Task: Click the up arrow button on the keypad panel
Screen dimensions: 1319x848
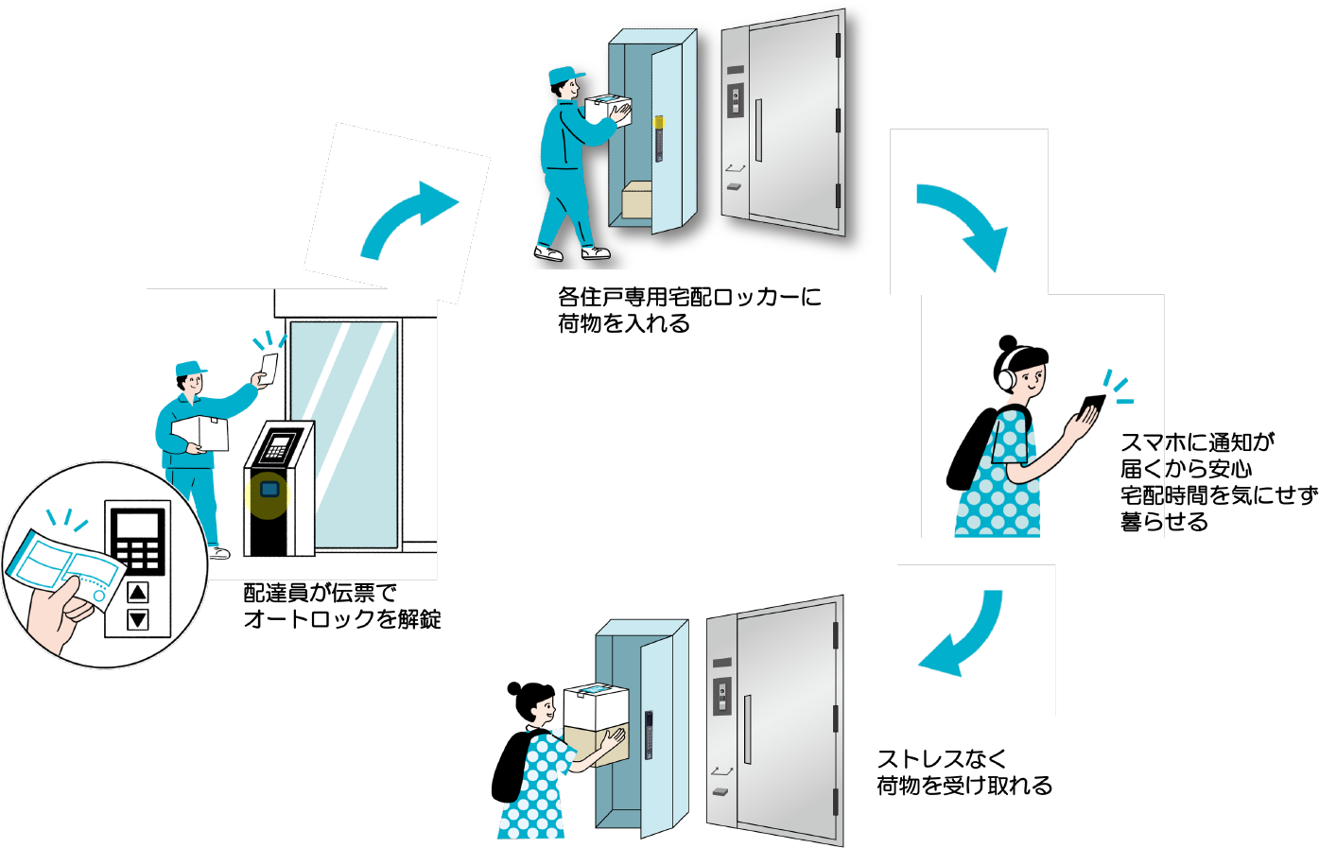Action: click(x=138, y=592)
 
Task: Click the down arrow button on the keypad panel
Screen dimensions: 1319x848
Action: click(x=138, y=619)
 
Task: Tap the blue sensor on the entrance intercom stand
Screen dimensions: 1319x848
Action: click(x=269, y=490)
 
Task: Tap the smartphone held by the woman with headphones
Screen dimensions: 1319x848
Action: click(x=1091, y=407)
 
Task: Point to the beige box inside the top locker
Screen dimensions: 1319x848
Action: click(x=636, y=200)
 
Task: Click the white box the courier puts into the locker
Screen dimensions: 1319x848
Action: click(x=607, y=109)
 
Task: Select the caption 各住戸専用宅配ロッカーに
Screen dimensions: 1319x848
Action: click(x=689, y=297)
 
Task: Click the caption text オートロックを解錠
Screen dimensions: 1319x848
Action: click(x=342, y=619)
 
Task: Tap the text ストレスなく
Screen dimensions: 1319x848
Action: click(x=942, y=759)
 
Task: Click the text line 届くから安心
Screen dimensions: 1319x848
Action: click(x=1186, y=469)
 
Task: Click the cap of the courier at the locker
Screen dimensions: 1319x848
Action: click(x=565, y=76)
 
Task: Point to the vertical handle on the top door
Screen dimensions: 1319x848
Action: click(x=759, y=130)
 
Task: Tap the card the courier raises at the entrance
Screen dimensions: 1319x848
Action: click(x=269, y=369)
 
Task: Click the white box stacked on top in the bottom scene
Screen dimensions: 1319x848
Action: click(x=596, y=706)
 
